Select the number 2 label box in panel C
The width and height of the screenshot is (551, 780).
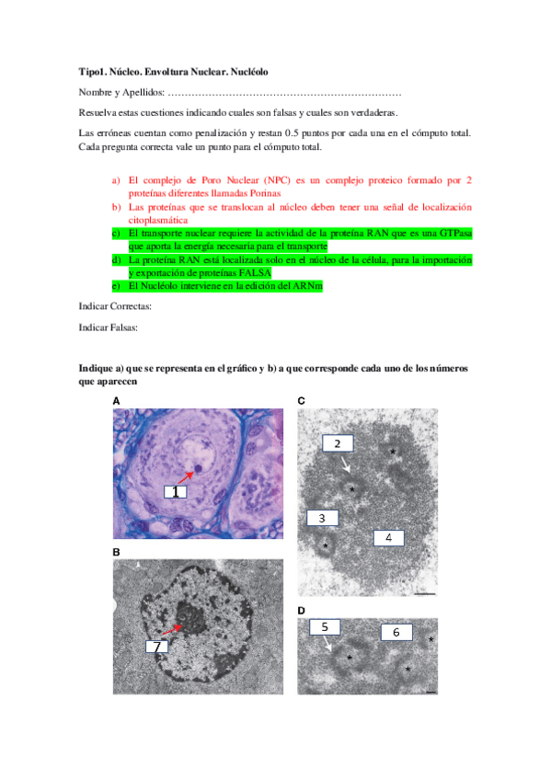pyautogui.click(x=338, y=443)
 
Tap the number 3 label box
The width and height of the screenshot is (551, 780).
pyautogui.click(x=321, y=518)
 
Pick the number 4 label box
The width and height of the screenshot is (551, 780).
pyautogui.click(x=389, y=537)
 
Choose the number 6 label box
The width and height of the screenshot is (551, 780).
pyautogui.click(x=396, y=632)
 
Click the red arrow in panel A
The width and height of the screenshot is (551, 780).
pyautogui.click(x=188, y=476)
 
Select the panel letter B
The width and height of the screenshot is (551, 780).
pyautogui.click(x=116, y=552)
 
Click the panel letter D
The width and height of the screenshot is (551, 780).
pyautogui.click(x=302, y=611)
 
